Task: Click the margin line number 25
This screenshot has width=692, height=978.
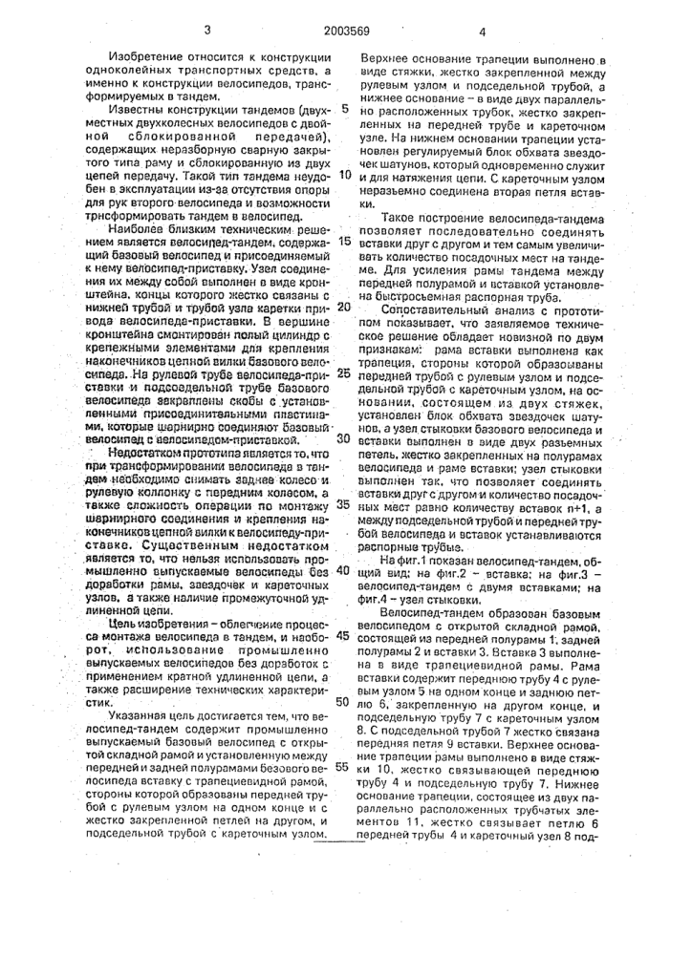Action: [345, 372]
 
